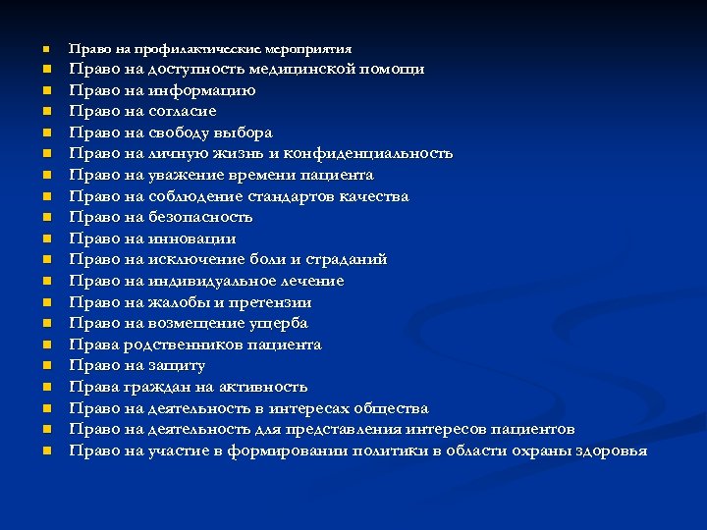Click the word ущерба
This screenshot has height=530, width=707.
(x=277, y=323)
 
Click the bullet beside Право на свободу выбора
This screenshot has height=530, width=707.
(x=45, y=132)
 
